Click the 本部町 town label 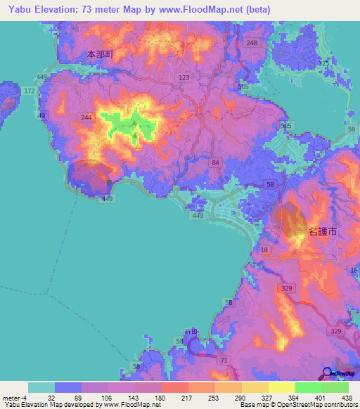[x=100, y=53]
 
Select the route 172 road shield [x=29, y=91]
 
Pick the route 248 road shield [x=252, y=44]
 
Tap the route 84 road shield [x=214, y=162]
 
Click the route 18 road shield [x=264, y=249]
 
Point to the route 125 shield [x=324, y=64]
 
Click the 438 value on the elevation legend [x=346, y=397]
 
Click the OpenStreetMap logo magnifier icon [x=326, y=372]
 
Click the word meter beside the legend [x=11, y=397]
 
